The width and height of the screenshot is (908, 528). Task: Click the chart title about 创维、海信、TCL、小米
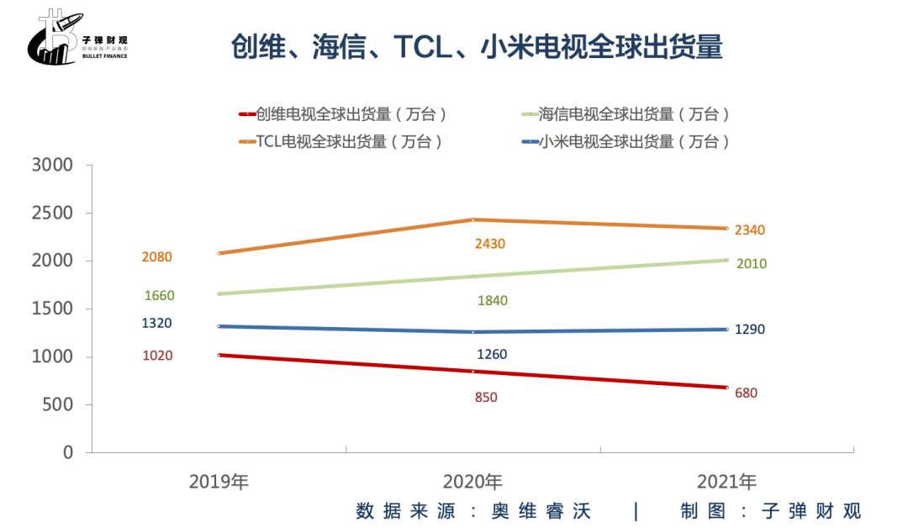[x=477, y=46]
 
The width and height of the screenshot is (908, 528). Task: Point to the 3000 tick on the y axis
[x=52, y=166]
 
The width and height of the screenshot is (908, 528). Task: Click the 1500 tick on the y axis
[x=52, y=309]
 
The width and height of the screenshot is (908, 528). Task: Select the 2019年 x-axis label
[x=219, y=482]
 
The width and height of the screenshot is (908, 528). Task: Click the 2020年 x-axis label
[x=472, y=482]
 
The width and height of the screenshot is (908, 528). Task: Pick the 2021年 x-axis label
[x=726, y=482]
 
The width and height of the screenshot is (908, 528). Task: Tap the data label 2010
[x=751, y=264]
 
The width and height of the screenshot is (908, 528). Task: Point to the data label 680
[x=746, y=393]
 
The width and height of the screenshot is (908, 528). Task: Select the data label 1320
[x=157, y=324]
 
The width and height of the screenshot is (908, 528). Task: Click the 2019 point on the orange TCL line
[x=219, y=253]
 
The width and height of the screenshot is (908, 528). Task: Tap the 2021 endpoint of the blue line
[x=727, y=329]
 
